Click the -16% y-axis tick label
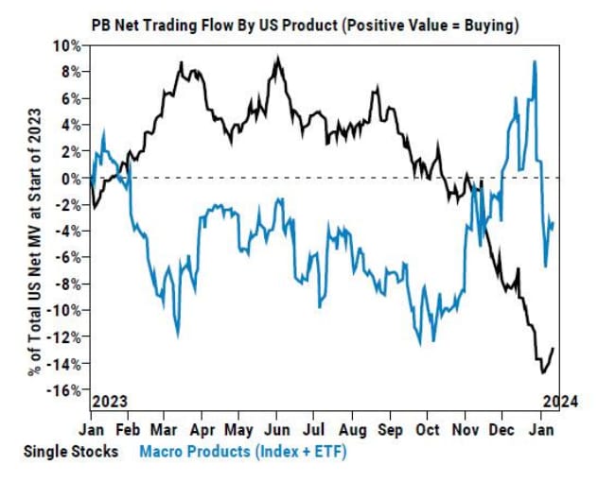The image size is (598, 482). [65, 390]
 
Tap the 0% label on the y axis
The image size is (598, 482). [71, 178]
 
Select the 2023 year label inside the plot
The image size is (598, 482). [110, 400]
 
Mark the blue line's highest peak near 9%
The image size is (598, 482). [535, 62]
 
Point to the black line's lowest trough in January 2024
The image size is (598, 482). [543, 372]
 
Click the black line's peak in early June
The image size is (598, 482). [276, 59]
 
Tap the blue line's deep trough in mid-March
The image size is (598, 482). [177, 334]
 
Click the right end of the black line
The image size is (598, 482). [554, 349]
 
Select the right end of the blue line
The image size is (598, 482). [554, 222]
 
